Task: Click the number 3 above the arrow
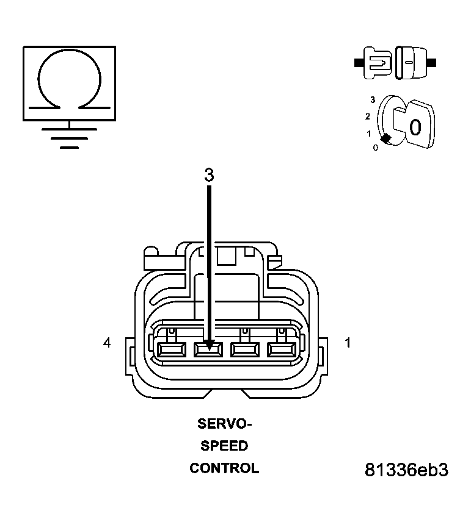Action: [x=209, y=176]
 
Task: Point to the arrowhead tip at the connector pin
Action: [x=209, y=348]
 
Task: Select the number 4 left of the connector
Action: [x=107, y=343]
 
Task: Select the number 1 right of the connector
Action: [x=348, y=343]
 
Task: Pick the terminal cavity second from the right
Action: [x=244, y=350]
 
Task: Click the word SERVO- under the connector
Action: [x=224, y=423]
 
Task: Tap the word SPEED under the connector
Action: [x=224, y=446]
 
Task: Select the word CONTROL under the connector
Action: [x=224, y=468]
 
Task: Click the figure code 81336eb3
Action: [x=406, y=470]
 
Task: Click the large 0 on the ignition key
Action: [x=415, y=127]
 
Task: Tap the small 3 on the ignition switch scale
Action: [x=372, y=98]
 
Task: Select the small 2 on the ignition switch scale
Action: [x=368, y=116]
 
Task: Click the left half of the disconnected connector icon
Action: [x=376, y=62]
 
